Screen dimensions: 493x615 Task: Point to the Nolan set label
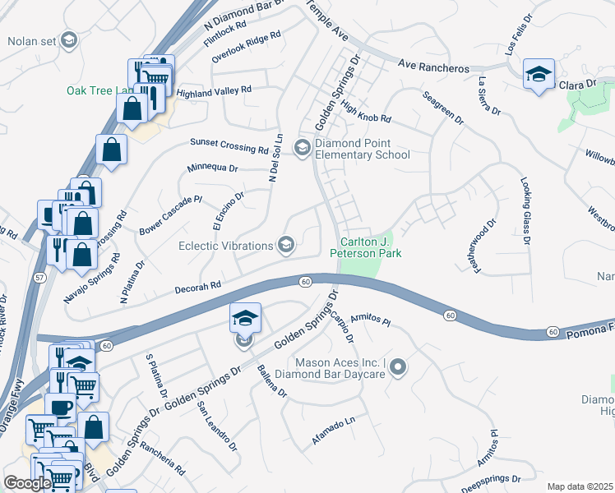pyautogui.click(x=33, y=40)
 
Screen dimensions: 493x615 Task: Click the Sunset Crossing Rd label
pyautogui.click(x=229, y=145)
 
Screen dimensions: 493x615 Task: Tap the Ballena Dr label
pyautogui.click(x=271, y=381)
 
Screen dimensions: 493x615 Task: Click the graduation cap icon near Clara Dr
pyautogui.click(x=539, y=76)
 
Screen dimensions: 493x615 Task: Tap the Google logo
pyautogui.click(x=28, y=483)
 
